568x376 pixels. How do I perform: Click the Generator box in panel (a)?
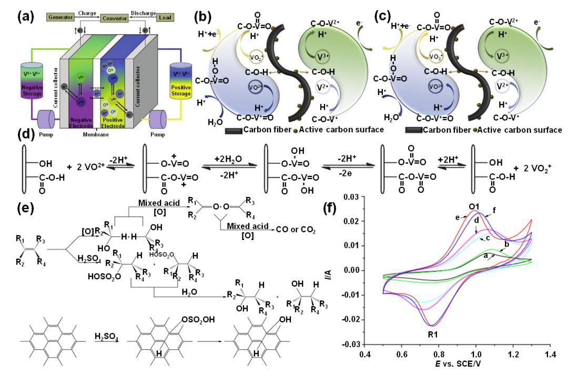63,17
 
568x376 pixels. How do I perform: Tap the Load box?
164,17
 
